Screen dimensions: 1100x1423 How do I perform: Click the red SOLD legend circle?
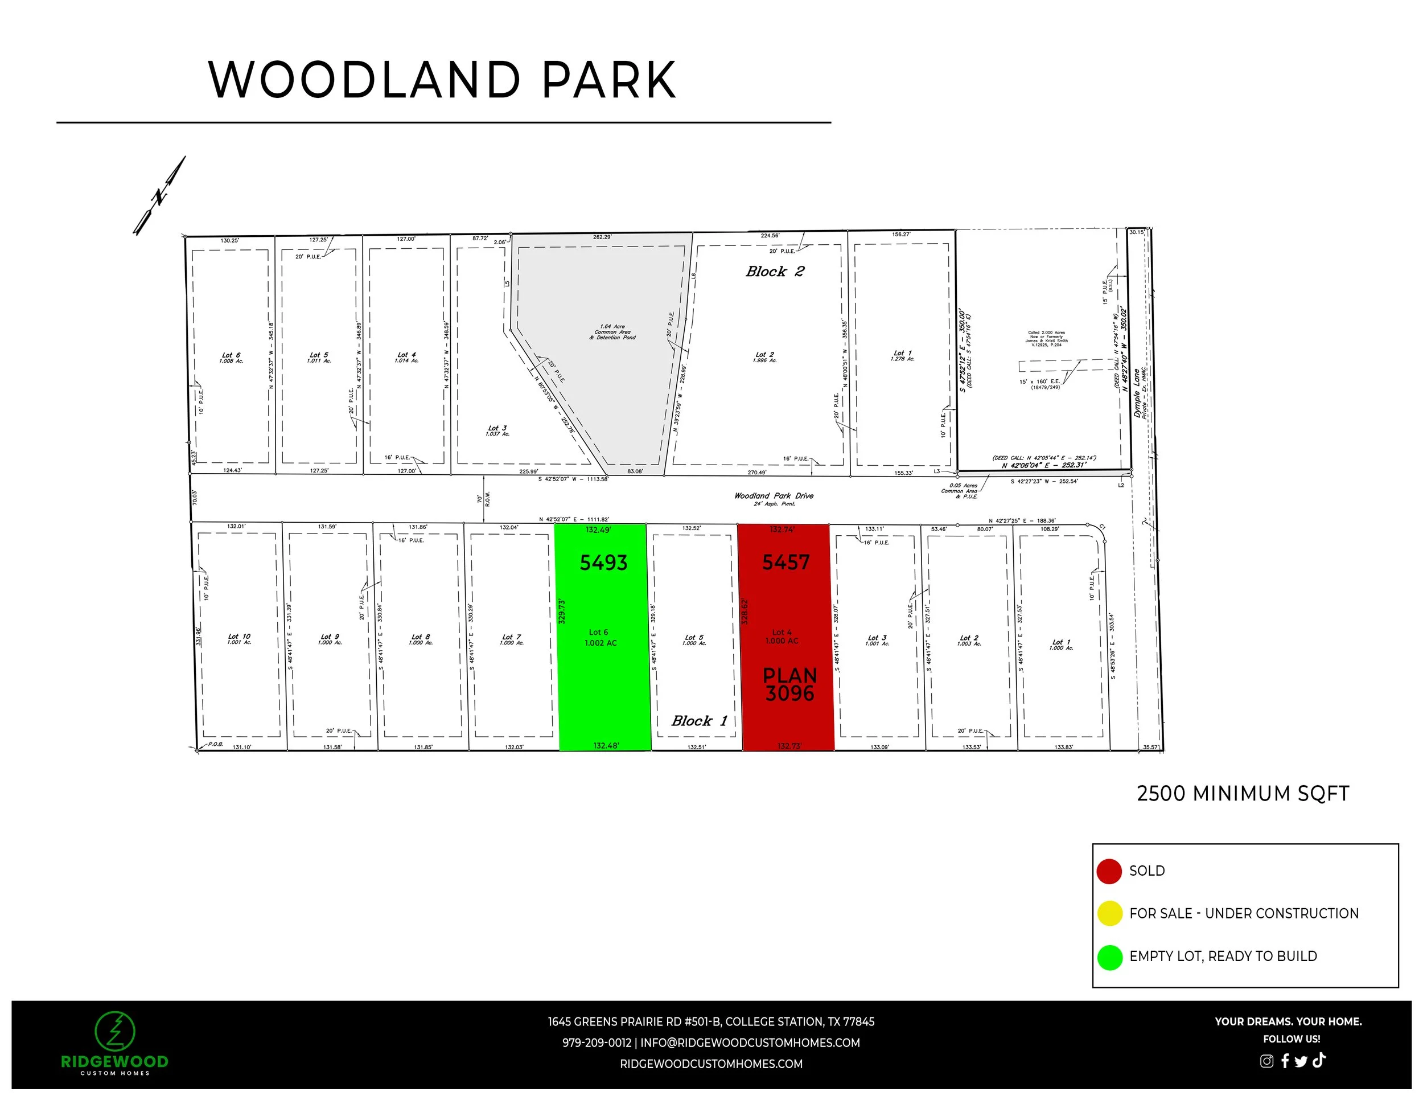[1109, 871]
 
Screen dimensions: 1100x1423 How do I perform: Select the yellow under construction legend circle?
[1109, 914]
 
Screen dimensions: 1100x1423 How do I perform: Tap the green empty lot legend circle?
[1109, 957]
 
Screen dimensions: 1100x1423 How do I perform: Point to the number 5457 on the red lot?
[785, 563]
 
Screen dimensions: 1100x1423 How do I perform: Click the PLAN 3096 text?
[789, 684]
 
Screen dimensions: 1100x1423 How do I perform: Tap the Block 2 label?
[775, 272]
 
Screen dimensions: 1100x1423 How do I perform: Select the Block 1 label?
[698, 721]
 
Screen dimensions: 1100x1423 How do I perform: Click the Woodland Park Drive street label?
[774, 496]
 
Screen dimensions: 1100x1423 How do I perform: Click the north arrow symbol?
[159, 195]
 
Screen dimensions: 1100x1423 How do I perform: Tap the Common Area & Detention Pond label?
[612, 332]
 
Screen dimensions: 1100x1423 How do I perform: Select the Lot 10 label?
[239, 639]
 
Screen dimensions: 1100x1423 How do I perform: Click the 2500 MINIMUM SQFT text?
[1243, 794]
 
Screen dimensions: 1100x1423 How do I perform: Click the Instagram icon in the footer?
[1266, 1061]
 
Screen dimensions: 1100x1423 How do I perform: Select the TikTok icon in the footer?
[1319, 1060]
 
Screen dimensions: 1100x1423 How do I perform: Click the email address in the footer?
[749, 1042]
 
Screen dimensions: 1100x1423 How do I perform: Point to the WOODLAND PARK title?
[442, 80]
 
